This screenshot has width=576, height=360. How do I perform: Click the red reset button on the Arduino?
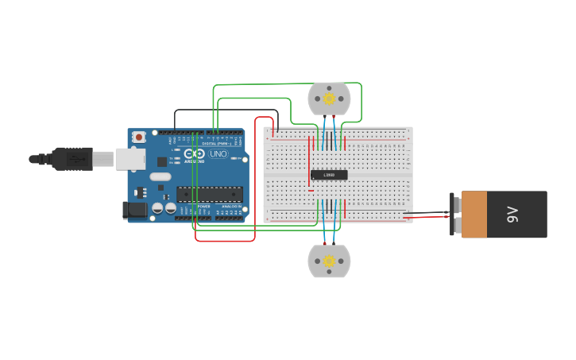click(139, 137)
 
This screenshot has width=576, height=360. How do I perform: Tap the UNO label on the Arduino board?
click(218, 153)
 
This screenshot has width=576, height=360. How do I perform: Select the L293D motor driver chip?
click(329, 175)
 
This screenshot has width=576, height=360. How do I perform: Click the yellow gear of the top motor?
click(329, 99)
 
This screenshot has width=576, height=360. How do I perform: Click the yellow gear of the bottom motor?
click(329, 261)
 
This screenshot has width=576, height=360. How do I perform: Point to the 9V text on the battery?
click(512, 214)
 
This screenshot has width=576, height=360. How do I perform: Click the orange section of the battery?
click(474, 214)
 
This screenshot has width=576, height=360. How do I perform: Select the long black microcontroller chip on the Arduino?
click(210, 193)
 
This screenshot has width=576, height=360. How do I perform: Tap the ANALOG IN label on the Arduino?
click(231, 206)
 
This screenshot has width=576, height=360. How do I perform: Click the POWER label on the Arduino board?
click(203, 206)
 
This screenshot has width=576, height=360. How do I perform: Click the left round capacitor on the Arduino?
click(157, 208)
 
